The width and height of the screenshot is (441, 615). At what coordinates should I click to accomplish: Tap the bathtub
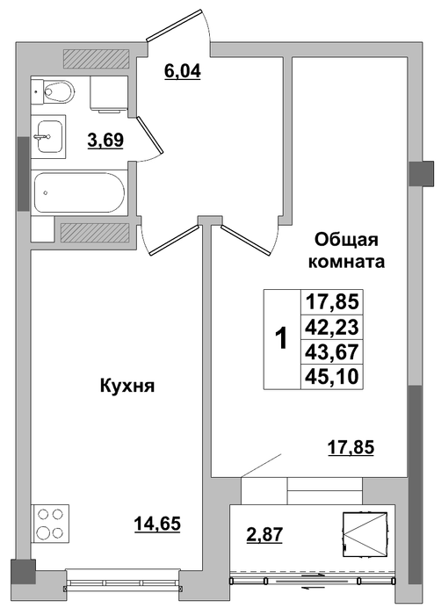[79, 192]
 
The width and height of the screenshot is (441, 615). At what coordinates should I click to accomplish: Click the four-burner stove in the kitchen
[50, 522]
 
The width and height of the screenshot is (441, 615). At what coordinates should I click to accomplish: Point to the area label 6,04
[183, 71]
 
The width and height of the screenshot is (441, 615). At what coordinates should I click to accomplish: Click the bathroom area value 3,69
[105, 140]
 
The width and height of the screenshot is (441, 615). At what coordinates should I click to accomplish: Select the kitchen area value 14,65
[157, 524]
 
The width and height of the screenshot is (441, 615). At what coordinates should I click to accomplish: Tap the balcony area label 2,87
[264, 534]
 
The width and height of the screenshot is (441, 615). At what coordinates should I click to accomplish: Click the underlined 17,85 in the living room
[351, 447]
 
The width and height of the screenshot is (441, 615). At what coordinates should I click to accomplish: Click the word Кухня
[128, 386]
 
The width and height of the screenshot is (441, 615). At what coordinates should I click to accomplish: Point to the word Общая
[346, 239]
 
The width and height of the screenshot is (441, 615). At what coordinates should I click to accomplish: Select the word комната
[346, 262]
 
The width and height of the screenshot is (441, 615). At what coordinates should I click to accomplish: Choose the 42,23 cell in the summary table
[332, 327]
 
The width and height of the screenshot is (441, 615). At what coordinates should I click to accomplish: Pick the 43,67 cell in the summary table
[332, 351]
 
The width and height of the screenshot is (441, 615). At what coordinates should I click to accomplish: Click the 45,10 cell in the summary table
[332, 377]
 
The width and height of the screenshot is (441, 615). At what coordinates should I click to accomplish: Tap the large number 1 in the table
[281, 339]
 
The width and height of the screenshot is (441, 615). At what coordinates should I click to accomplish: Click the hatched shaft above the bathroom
[96, 59]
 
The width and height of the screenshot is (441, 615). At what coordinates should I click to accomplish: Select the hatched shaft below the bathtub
[95, 234]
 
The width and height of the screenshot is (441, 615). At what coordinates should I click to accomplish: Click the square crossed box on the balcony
[365, 534]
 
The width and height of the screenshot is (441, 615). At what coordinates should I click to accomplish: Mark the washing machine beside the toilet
[109, 94]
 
